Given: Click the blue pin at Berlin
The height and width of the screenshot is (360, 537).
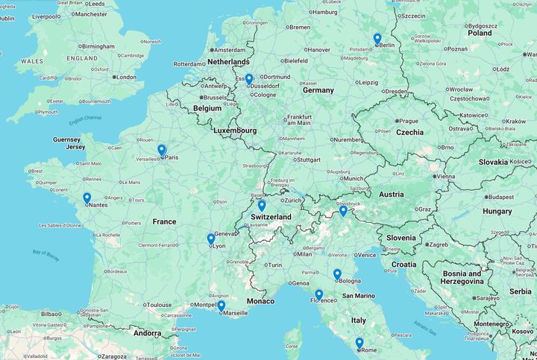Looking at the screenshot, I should click(x=377, y=39).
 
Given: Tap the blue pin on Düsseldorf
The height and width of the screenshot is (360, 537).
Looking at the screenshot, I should click(x=249, y=79).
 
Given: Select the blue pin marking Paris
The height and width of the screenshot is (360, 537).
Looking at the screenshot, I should click(x=161, y=150).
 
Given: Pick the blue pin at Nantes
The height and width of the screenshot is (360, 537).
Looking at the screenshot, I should click(x=87, y=198).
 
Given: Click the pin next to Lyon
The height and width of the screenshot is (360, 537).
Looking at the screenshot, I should click(x=211, y=239).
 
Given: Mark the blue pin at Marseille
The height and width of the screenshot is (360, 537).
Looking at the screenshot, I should click(x=222, y=306).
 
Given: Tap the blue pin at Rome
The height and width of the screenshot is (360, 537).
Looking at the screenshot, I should click(x=359, y=343).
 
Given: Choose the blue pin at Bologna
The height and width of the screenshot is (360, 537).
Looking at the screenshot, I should click(x=337, y=274).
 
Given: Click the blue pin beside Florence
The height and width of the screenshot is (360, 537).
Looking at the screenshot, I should click(x=318, y=294).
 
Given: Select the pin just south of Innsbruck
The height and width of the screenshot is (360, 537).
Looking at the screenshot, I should click(x=343, y=211).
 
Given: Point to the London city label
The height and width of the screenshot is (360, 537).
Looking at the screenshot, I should click(x=125, y=77).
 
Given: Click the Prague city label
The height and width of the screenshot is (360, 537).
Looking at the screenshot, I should click(x=408, y=121).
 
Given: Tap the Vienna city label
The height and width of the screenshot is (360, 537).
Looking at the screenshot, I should click(x=445, y=177).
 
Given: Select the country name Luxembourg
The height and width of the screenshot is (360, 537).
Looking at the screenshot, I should click(x=234, y=130).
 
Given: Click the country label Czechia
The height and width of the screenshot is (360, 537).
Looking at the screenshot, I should click(x=409, y=132).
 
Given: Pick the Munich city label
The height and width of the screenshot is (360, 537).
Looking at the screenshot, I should click(x=354, y=179).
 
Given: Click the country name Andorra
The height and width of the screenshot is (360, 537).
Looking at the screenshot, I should click(x=147, y=333).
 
